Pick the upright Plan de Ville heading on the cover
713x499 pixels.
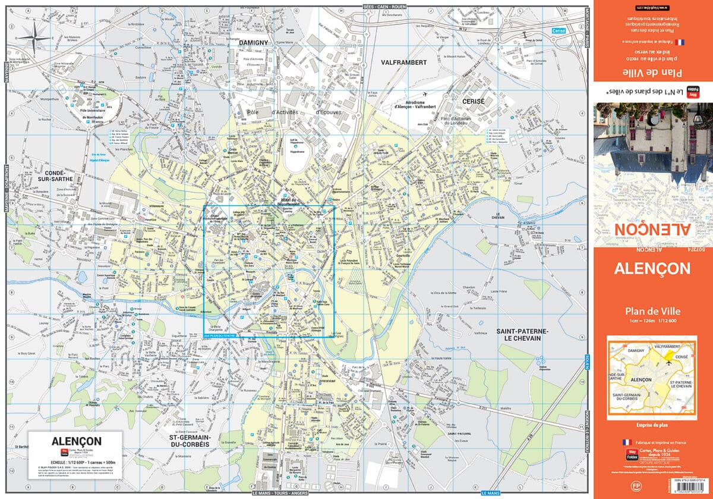click(652, 310)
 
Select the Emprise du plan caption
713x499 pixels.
click(652, 424)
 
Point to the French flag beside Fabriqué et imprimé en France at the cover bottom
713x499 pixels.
click(625, 442)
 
